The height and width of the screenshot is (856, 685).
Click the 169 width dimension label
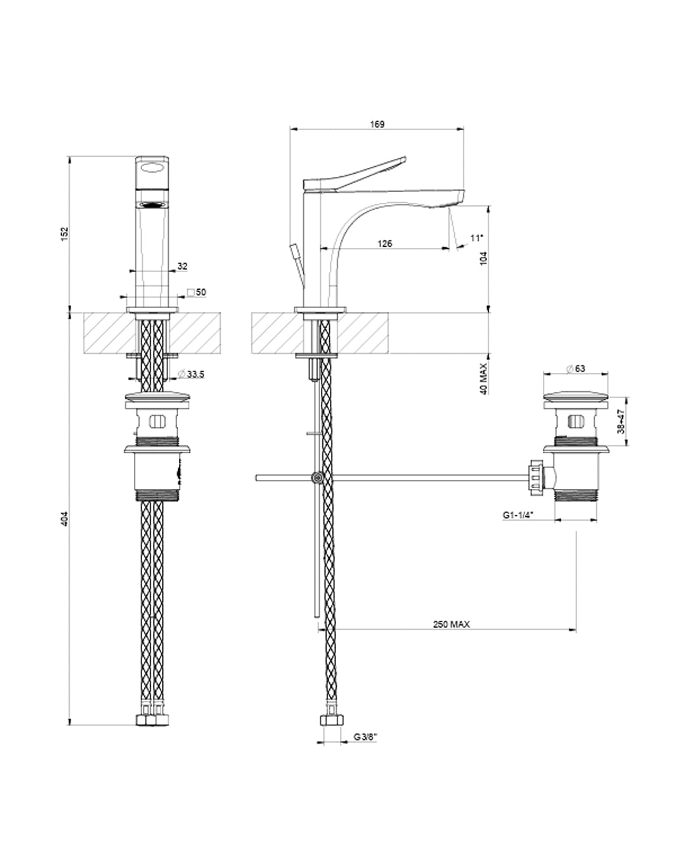[x=377, y=124]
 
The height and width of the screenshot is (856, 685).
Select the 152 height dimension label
[x=64, y=233]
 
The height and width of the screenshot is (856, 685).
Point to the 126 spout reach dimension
[x=385, y=243]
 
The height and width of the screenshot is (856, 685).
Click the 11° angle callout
[x=476, y=238]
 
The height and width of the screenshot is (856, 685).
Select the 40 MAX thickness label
[x=483, y=379]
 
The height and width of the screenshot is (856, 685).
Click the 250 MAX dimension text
[x=452, y=624]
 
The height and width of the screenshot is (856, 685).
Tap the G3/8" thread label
[x=366, y=737]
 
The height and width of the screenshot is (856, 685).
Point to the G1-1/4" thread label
[x=518, y=516]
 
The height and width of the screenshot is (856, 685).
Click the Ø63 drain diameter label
[x=575, y=368]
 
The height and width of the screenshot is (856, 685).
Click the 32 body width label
[x=183, y=267]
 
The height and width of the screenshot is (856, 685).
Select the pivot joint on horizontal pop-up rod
[x=316, y=477]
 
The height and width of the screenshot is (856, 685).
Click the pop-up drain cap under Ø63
[x=575, y=398]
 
